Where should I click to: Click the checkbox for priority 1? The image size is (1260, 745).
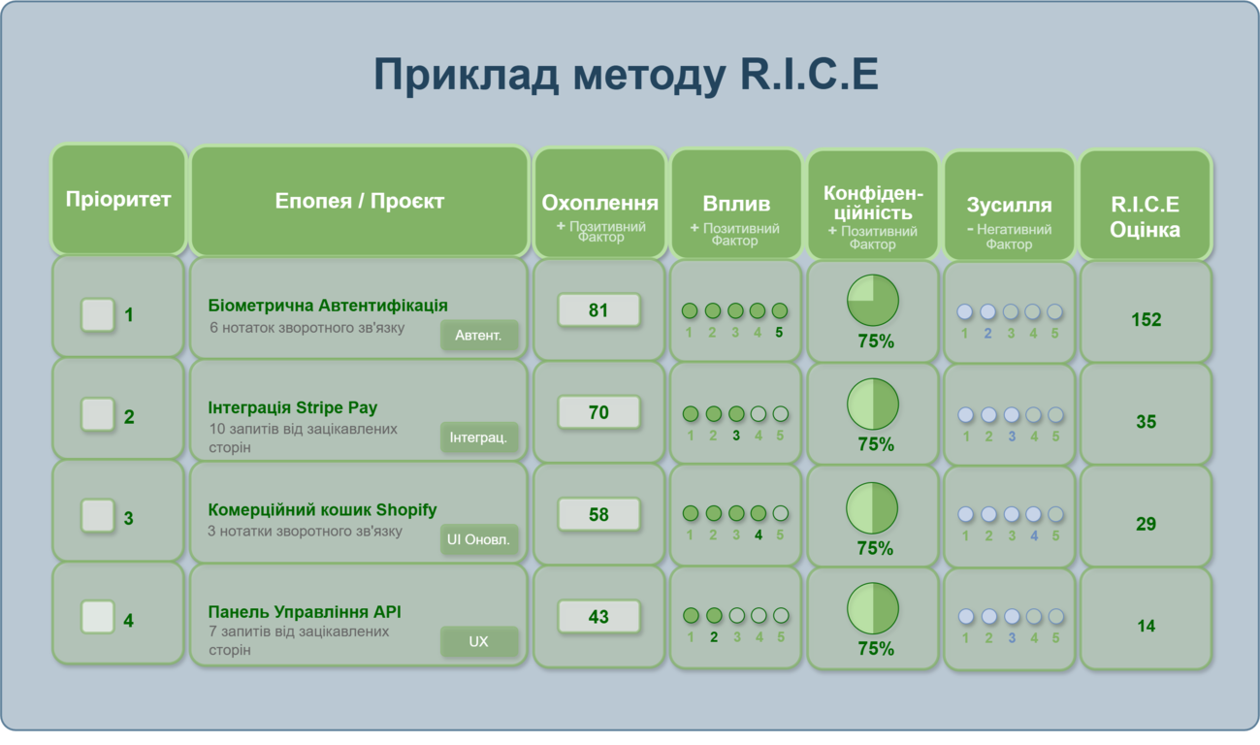point(98,314)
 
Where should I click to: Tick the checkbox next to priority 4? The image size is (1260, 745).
point(98,617)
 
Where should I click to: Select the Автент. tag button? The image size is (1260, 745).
point(479,335)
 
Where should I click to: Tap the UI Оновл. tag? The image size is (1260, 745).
point(479,539)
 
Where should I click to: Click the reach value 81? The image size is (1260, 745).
point(598,310)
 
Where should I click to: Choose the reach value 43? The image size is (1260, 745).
point(598,616)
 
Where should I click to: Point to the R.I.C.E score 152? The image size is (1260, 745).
point(1146,319)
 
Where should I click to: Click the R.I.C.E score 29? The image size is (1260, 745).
point(1146,524)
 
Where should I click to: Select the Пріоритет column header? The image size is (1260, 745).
point(118,199)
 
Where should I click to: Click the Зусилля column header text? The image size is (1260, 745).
point(1009,205)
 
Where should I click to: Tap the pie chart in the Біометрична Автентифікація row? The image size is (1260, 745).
point(873,300)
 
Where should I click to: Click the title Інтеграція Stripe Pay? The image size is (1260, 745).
point(293,407)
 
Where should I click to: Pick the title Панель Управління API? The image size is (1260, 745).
point(305,612)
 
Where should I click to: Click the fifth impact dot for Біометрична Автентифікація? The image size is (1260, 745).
point(780,310)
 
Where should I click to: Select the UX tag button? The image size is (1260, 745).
point(479,641)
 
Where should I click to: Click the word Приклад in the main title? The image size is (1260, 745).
point(467,75)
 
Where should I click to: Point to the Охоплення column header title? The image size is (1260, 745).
point(599,203)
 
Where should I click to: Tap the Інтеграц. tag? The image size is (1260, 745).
point(479,437)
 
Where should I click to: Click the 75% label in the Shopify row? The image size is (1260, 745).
point(875,548)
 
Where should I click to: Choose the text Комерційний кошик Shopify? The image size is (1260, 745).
point(322,510)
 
